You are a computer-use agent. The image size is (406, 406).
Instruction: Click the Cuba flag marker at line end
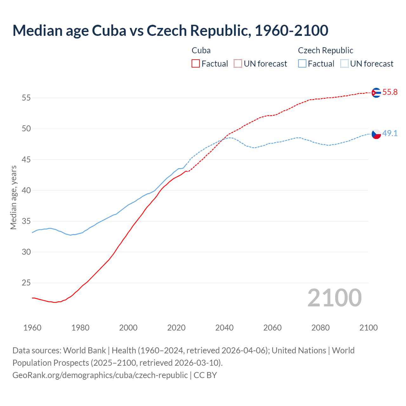click(376, 93)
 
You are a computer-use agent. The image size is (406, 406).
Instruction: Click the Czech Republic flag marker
click(376, 134)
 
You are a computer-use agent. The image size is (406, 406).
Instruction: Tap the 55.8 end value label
click(390, 92)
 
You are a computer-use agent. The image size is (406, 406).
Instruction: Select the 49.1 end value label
click(390, 134)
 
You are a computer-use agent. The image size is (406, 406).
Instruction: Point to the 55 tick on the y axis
click(26, 98)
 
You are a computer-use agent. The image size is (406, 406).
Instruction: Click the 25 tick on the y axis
click(26, 283)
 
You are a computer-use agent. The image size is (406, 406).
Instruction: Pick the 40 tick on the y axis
click(26, 190)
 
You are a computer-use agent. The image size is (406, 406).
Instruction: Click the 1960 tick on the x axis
click(32, 328)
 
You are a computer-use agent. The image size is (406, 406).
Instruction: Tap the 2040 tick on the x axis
click(224, 328)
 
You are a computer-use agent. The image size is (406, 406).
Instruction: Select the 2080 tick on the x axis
click(320, 328)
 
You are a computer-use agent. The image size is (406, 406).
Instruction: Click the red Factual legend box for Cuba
click(196, 64)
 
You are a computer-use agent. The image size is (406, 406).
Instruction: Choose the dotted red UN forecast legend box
click(238, 64)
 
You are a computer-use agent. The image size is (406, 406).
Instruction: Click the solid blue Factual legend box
click(302, 64)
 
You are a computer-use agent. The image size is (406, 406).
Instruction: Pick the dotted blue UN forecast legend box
click(344, 64)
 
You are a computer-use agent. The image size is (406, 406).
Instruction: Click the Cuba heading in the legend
click(201, 50)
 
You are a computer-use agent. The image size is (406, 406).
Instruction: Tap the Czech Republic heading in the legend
click(325, 50)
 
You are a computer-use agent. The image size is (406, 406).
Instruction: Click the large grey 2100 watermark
click(334, 298)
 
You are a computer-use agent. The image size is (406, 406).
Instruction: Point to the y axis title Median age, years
click(13, 197)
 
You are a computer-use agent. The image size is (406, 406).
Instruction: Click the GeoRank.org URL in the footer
click(100, 375)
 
